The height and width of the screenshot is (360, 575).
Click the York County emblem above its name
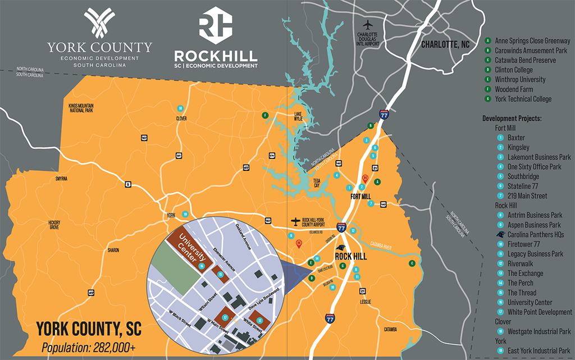click(x=99, y=24)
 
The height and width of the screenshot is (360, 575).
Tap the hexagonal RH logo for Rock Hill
click(x=216, y=25)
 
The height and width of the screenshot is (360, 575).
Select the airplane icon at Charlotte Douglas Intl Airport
click(x=368, y=25)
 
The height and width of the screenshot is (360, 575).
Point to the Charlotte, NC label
click(x=445, y=44)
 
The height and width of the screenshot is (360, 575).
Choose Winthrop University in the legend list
click(x=520, y=80)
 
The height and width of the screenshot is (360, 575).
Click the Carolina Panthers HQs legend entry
click(x=535, y=235)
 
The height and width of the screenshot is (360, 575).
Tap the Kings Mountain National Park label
click(x=80, y=108)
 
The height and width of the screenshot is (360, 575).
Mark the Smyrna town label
click(x=61, y=179)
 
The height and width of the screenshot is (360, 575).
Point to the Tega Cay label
click(x=317, y=183)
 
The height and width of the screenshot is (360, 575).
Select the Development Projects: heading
click(x=512, y=119)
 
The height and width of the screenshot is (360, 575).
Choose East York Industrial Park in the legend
click(x=535, y=351)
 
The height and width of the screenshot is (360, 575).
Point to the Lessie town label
click(x=365, y=302)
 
